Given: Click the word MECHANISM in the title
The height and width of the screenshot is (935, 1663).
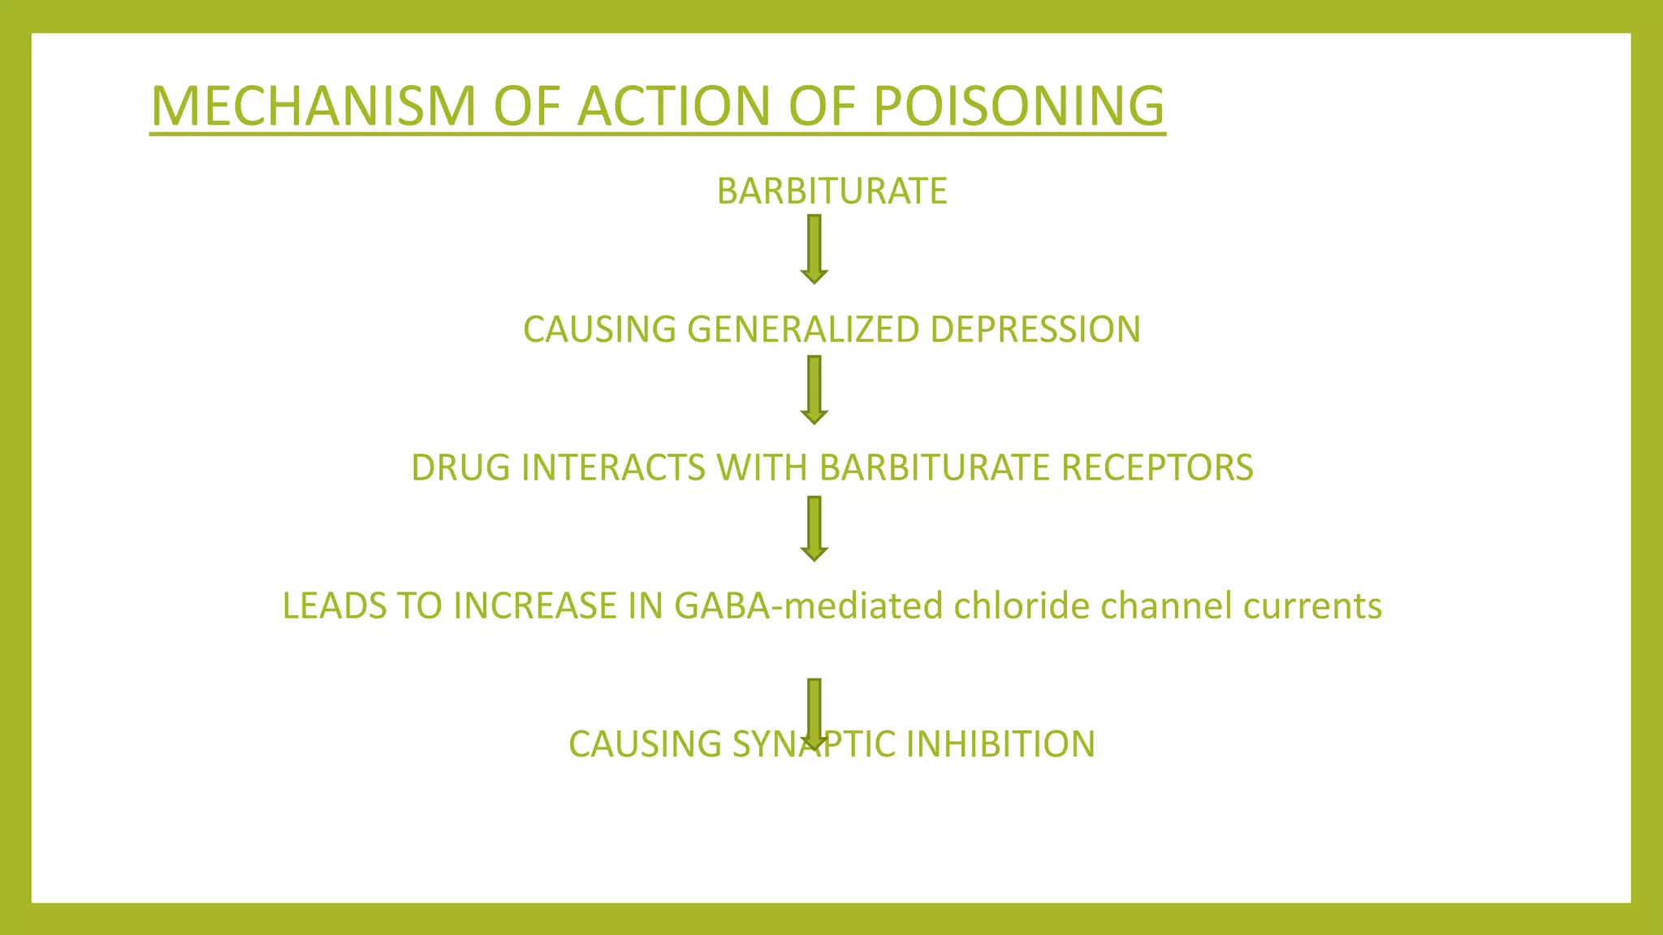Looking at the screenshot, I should (313, 106).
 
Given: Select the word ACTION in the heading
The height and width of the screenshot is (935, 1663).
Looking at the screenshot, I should (673, 106).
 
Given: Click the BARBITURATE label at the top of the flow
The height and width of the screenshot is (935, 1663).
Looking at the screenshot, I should (831, 192).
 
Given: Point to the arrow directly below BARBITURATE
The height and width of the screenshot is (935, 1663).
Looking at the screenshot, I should (814, 248).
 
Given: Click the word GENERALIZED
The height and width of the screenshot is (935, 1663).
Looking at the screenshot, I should (803, 330).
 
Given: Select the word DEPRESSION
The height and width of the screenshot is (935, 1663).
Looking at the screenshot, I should (1035, 330).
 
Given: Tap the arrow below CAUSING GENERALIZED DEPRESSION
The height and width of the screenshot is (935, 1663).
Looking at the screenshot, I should (814, 390).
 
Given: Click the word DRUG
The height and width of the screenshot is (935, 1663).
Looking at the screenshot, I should (460, 468).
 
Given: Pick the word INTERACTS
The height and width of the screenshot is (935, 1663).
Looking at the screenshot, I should (612, 468).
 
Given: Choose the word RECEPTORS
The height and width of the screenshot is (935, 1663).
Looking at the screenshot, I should (1157, 468).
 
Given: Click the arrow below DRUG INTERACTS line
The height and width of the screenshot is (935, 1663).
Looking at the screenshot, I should (814, 528).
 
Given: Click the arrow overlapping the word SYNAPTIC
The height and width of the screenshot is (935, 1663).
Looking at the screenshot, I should (814, 712).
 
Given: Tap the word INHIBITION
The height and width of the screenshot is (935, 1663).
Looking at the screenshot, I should (1000, 744).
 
